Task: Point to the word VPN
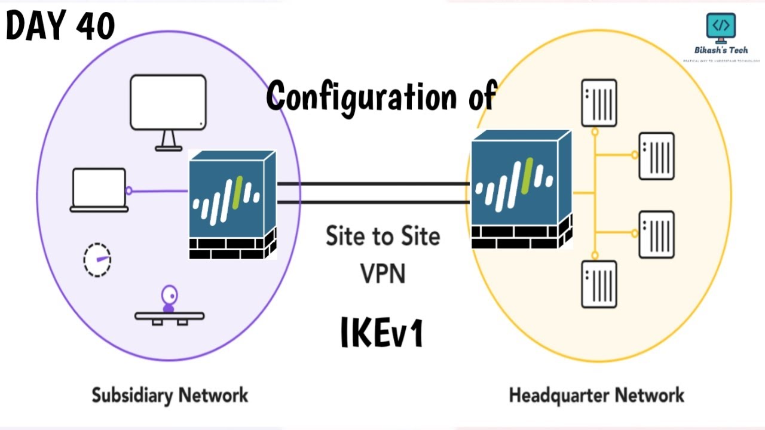[382, 273]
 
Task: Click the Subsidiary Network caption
[170, 395]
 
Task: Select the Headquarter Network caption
[596, 395]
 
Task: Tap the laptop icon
[99, 191]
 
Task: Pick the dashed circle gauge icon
[97, 260]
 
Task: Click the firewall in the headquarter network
[521, 189]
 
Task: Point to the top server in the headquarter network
[599, 103]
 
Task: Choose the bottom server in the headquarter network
[599, 284]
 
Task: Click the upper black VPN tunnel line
[373, 184]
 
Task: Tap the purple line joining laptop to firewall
[159, 191]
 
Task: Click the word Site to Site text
[382, 236]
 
